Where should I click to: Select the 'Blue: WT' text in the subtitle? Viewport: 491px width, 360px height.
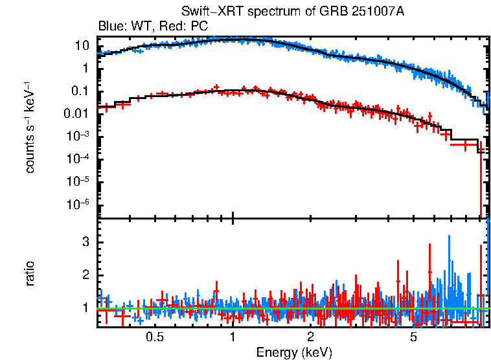tap(122, 27)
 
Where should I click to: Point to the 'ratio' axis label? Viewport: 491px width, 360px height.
tap(30, 273)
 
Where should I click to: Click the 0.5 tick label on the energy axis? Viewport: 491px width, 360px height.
tap(154, 337)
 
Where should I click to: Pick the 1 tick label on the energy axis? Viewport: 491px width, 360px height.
tap(232, 337)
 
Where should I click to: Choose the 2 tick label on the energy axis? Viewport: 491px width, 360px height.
tap(310, 337)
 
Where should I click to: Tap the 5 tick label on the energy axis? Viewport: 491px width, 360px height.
tap(413, 337)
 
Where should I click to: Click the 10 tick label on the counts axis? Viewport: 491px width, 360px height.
tap(82, 46)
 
